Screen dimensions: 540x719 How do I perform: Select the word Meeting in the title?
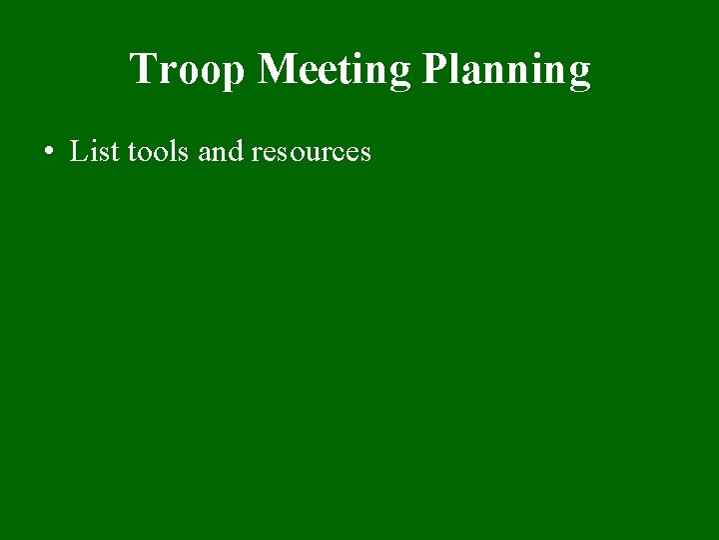[335, 70]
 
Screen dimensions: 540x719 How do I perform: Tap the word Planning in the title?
[506, 70]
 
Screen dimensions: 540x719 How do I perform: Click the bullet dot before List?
[48, 153]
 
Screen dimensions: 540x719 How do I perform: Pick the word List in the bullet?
[93, 152]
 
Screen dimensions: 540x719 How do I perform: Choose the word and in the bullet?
[221, 152]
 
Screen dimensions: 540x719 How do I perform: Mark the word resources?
[311, 152]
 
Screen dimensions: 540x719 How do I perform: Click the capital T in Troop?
[143, 69]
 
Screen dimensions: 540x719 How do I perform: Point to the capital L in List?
[78, 152]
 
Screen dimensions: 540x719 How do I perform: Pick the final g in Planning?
[579, 74]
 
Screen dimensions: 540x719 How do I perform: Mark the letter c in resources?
[340, 154]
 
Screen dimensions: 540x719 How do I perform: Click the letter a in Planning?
[474, 73]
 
